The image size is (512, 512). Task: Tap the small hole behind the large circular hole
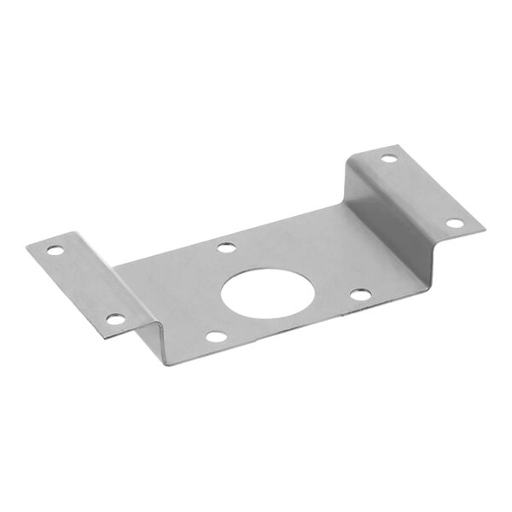click(x=226, y=248)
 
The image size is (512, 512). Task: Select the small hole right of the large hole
click(x=361, y=295)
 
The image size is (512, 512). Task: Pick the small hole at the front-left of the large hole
click(x=218, y=336)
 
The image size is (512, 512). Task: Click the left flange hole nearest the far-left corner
click(x=54, y=252)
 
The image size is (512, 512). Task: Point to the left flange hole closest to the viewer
click(x=115, y=321)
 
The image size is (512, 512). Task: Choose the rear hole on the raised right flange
click(x=388, y=159)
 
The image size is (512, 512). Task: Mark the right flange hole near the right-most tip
click(x=455, y=224)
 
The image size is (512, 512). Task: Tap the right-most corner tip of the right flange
click(x=484, y=228)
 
